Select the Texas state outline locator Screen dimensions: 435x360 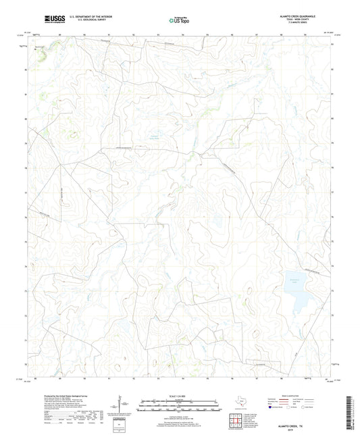(x=243, y=400)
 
